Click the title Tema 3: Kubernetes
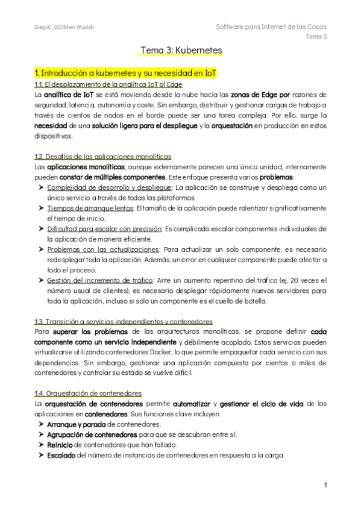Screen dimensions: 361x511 181,50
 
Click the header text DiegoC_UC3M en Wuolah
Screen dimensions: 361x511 64,28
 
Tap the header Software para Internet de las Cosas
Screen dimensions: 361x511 271,27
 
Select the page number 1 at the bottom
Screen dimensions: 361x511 325,484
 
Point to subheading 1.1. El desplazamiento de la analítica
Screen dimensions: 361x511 100,84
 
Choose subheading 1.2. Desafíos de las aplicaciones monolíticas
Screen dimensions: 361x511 102,156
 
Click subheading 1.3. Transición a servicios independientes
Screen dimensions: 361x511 124,321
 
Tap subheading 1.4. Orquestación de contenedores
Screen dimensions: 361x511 88,393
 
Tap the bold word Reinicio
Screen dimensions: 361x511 60,444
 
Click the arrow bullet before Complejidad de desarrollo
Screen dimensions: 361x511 40,187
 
